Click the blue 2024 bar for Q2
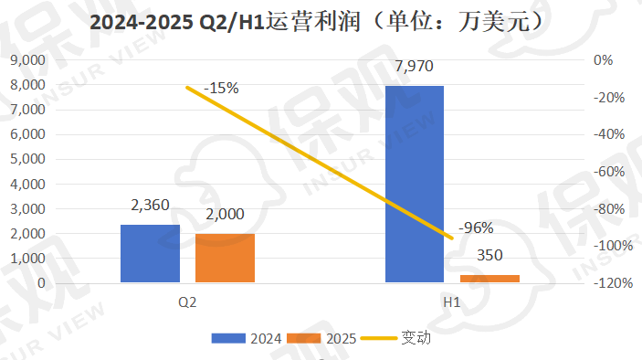(x=150, y=254)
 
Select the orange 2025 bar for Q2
(x=225, y=259)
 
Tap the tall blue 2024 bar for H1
(x=414, y=184)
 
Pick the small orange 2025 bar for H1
(x=489, y=279)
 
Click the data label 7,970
(x=414, y=68)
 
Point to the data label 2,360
(x=151, y=206)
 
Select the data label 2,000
(x=225, y=216)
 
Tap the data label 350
(x=489, y=257)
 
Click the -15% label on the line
(x=221, y=88)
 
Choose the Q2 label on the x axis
(x=187, y=302)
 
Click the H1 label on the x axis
(x=451, y=302)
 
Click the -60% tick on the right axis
(x=609, y=172)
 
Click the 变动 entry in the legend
(x=398, y=337)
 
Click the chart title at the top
(x=321, y=23)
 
